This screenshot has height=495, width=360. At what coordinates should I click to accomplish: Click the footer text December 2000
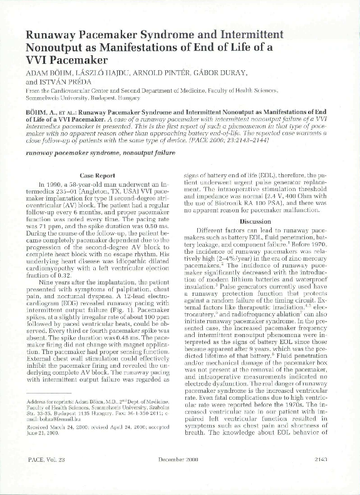(178, 477)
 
